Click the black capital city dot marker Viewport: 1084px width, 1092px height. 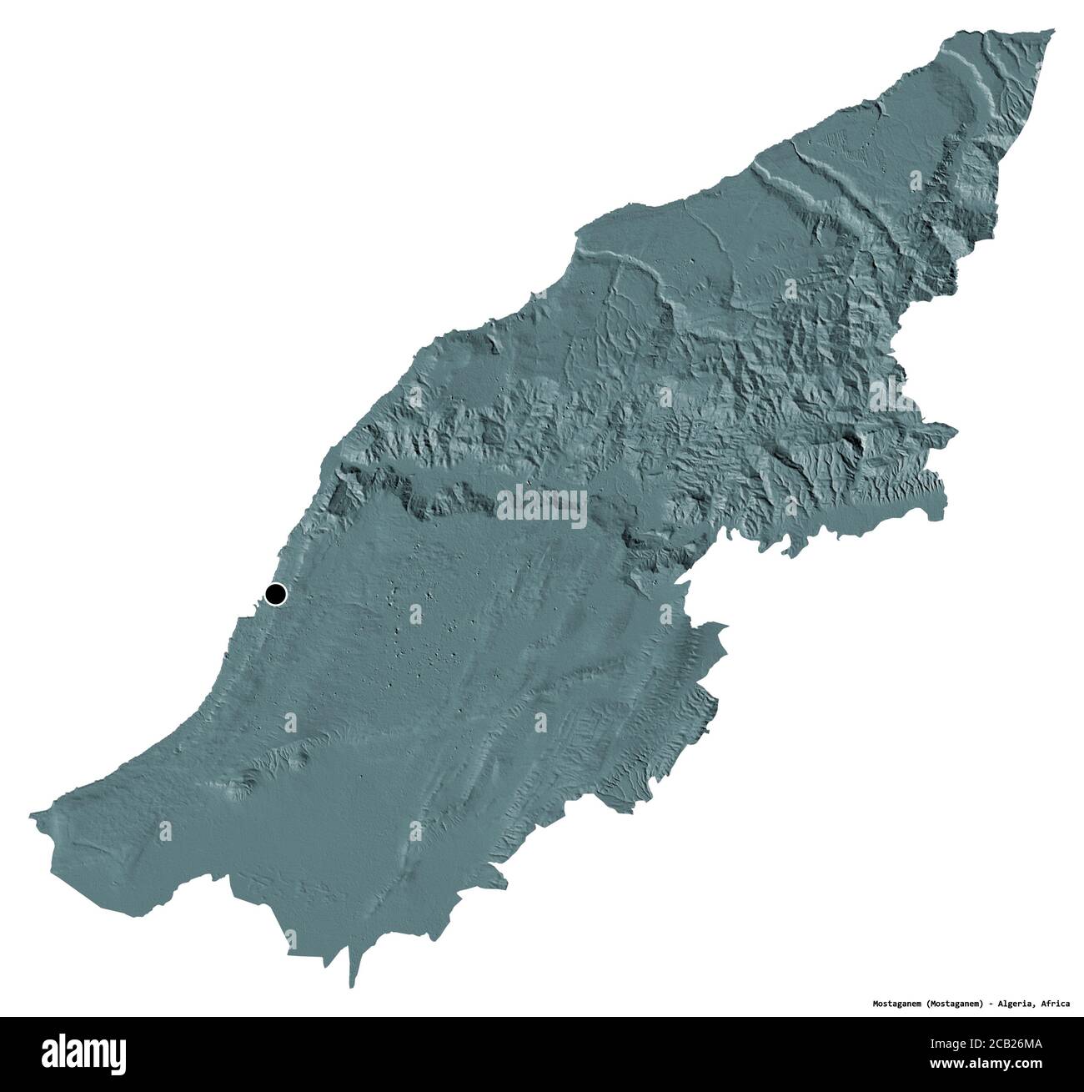coord(275,594)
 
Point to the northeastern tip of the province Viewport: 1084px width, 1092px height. coord(1052,31)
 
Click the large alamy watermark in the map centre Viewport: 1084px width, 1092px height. coord(542,505)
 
